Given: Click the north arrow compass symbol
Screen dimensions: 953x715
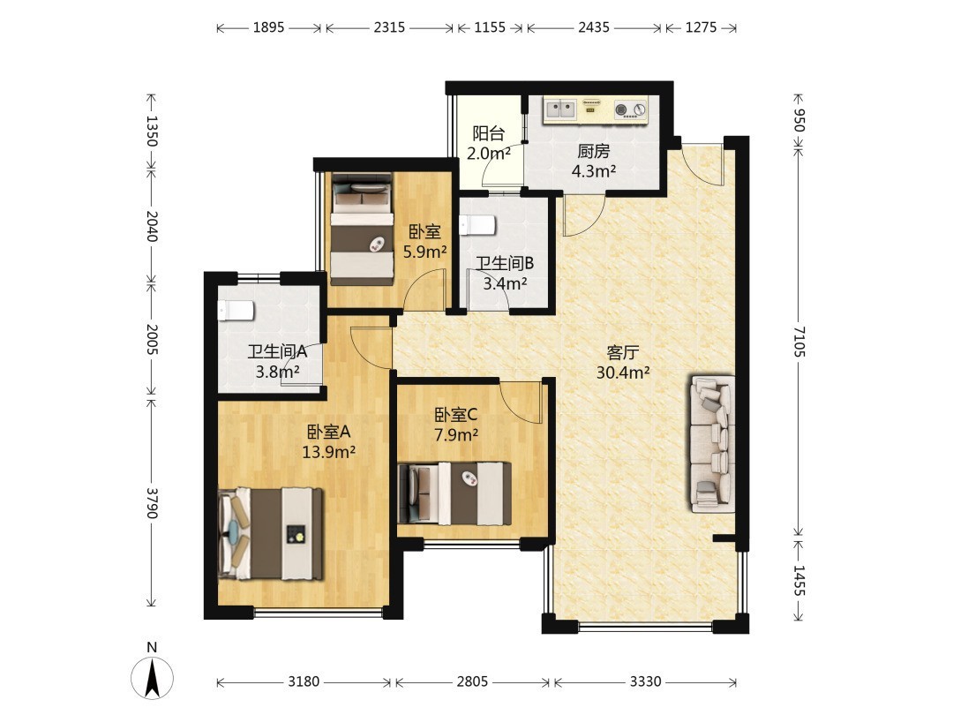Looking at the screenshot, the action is coord(152,676).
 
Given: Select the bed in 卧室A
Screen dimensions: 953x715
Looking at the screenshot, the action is coord(271,533).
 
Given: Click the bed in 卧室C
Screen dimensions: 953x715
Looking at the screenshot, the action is coord(454,493).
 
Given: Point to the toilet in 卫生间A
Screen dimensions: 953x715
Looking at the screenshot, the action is coord(236,311).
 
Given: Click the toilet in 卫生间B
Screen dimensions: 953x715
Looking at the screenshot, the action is coord(477,225).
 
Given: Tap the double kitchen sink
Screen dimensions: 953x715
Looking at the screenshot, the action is coord(559,109).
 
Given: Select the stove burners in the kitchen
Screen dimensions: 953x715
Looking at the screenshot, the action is coord(631,109).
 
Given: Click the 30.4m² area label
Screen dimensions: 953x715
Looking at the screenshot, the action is coord(623,373).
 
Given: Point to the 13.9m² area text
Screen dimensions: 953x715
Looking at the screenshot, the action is coord(329,452).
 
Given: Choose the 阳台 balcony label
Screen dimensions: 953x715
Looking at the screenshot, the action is coord(489,133).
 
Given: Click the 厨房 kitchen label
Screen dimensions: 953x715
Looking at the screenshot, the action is coord(593,151).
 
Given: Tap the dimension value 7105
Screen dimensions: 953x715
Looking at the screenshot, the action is coord(799,342).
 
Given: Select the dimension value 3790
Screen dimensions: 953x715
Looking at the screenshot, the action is coord(152,503).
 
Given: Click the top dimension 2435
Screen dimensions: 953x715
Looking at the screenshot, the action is coord(594,27).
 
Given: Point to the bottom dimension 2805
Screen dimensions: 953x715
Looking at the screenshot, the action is coord(472,681).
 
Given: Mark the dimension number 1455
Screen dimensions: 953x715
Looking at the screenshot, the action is coord(799,581).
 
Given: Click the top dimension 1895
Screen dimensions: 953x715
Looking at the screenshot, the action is coord(268,27).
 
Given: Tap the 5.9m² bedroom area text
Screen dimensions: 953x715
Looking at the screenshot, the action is coord(425,251).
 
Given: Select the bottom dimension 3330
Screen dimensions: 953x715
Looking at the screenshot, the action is coord(645,681).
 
